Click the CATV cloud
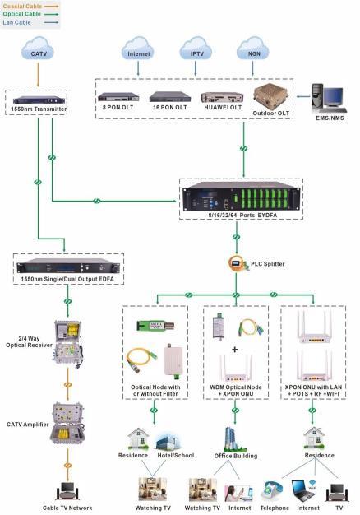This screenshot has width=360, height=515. click(38, 49)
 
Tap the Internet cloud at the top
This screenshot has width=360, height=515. click(138, 49)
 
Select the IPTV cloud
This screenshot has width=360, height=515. click(196, 49)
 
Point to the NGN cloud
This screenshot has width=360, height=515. click(253, 49)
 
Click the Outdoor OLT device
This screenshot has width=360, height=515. click(270, 96)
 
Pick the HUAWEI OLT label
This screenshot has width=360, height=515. click(223, 108)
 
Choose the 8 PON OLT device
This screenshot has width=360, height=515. click(118, 97)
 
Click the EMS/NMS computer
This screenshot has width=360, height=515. click(329, 99)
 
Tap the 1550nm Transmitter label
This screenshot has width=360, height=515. click(39, 109)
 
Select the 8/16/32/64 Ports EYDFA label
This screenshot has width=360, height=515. click(242, 215)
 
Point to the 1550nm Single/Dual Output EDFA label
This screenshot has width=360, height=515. click(67, 279)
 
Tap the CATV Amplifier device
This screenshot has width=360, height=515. click(67, 423)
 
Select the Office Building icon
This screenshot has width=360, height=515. click(234, 439)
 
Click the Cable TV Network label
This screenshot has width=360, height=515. click(67, 508)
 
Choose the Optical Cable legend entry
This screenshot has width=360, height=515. click(30, 14)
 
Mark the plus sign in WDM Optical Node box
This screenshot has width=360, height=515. click(234, 350)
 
